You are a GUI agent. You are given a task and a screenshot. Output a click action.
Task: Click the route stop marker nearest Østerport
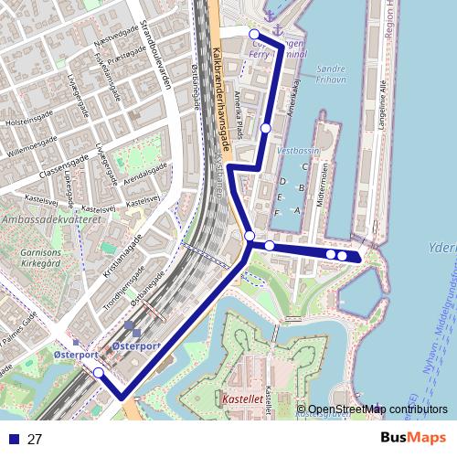click(98, 372)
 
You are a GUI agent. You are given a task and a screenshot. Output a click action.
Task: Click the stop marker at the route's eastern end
click(342, 256)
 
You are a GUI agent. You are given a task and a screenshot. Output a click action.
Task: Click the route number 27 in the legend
click(35, 439)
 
